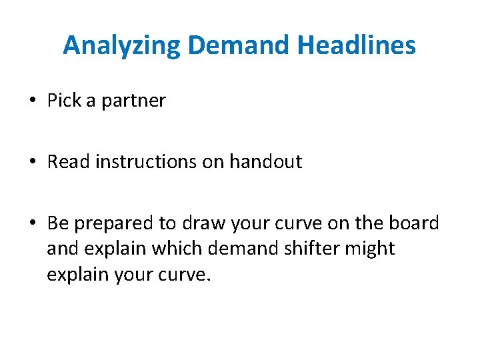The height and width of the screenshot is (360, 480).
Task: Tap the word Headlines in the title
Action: (x=357, y=46)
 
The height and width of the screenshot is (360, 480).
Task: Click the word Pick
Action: (x=62, y=101)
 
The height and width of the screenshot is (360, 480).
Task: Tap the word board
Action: (x=416, y=223)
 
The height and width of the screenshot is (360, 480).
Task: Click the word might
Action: (x=369, y=249)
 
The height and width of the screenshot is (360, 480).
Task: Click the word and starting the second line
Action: (x=61, y=249)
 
